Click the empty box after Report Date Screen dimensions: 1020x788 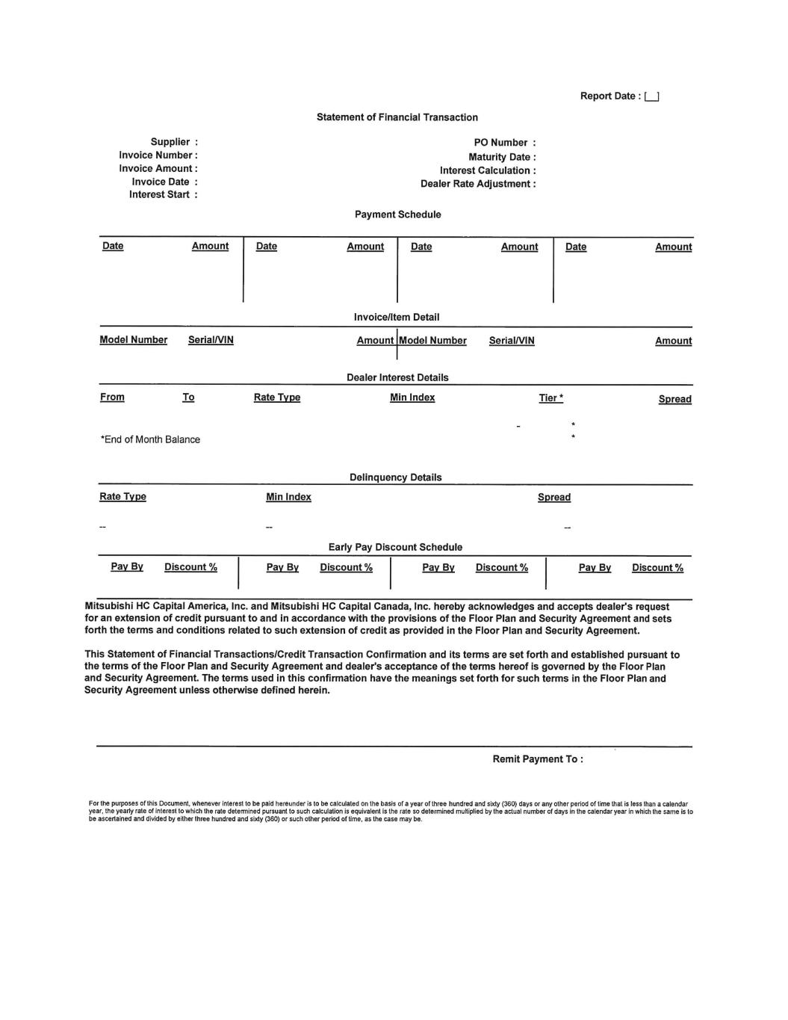click(651, 96)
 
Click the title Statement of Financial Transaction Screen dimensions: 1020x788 click(397, 117)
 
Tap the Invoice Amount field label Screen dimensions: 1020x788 click(158, 168)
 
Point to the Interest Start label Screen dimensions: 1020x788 click(163, 194)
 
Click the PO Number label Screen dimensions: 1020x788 click(504, 143)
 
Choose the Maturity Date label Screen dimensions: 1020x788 click(502, 157)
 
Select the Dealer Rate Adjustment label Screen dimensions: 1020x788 click(478, 184)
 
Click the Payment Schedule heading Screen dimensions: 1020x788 click(397, 214)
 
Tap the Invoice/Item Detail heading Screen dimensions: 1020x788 click(397, 317)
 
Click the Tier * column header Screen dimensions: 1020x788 click(551, 398)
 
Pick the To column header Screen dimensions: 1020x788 click(188, 397)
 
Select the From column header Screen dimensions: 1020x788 click(112, 397)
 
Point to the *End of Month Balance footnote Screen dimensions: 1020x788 click(150, 439)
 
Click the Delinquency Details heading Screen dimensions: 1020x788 click(395, 477)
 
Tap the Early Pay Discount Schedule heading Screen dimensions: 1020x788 click(395, 547)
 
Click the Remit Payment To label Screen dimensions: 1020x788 click(537, 759)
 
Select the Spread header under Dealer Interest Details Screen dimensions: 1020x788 click(674, 399)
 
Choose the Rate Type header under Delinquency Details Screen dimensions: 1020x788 click(122, 497)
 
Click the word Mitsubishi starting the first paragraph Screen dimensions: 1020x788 click(108, 607)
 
